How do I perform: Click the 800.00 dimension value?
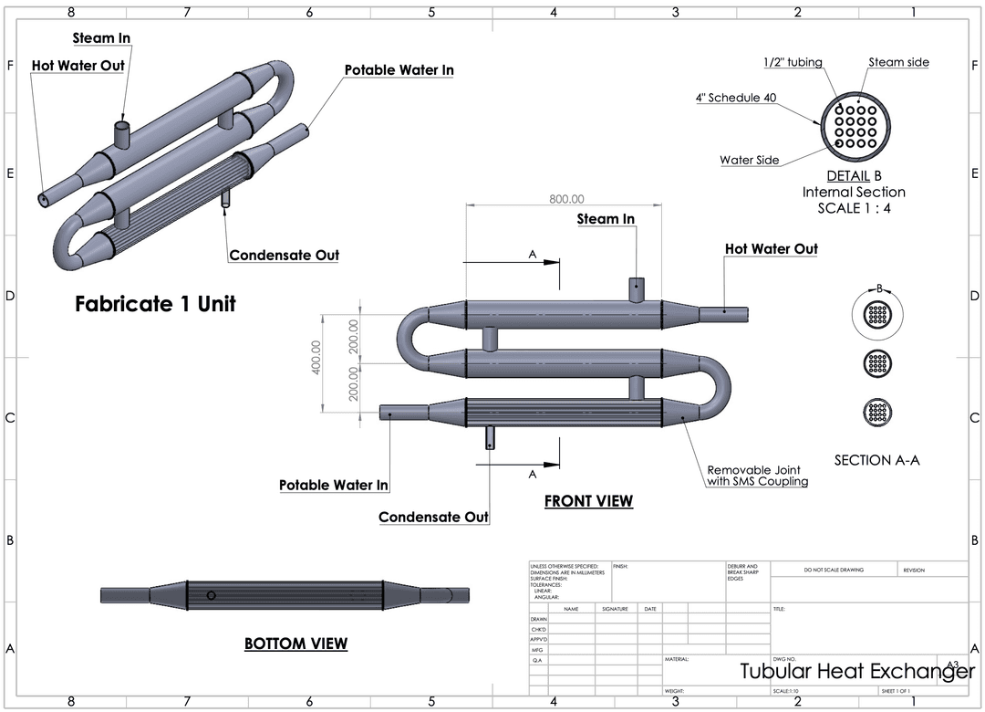(566, 199)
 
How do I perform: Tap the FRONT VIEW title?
(588, 501)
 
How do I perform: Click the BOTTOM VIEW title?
(295, 644)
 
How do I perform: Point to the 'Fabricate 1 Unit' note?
(155, 304)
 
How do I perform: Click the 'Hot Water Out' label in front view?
(771, 248)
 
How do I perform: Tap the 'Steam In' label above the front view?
(606, 219)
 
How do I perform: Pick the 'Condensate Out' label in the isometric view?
(284, 255)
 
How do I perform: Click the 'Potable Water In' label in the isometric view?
(399, 70)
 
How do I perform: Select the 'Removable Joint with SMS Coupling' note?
(758, 476)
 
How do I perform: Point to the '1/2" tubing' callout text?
(793, 62)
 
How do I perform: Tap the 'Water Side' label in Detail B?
(749, 160)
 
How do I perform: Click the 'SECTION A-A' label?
(876, 460)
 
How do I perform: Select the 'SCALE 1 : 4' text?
(854, 208)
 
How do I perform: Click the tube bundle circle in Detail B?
(855, 125)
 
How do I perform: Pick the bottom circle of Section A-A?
(876, 411)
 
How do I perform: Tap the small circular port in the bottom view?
(212, 595)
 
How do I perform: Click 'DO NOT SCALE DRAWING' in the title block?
(834, 570)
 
